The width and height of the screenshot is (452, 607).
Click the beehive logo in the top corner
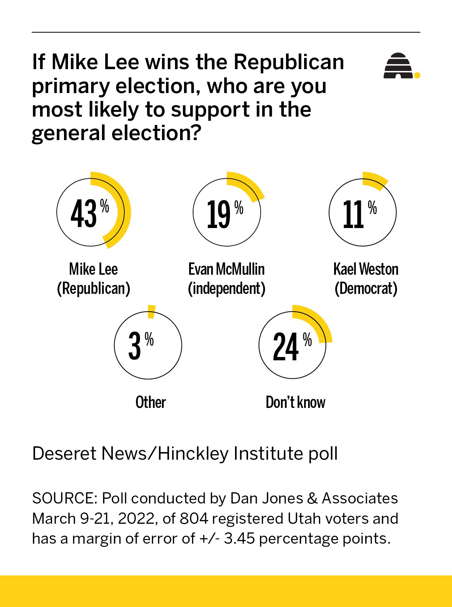coord(398,66)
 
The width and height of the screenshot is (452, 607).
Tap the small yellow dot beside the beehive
coord(417,75)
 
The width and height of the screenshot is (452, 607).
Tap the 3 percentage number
coord(135,347)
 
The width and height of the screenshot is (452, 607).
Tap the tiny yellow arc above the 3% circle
coord(152,312)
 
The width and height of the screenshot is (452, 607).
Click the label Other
coord(150,402)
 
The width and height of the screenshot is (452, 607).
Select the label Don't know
coord(295,402)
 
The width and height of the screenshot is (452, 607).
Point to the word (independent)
coord(227,288)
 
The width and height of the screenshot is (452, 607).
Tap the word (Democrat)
coord(366,288)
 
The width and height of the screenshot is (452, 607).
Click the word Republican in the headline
coord(289,62)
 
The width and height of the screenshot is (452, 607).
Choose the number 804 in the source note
coord(194,518)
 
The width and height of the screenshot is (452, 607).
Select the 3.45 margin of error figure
coord(240,539)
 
